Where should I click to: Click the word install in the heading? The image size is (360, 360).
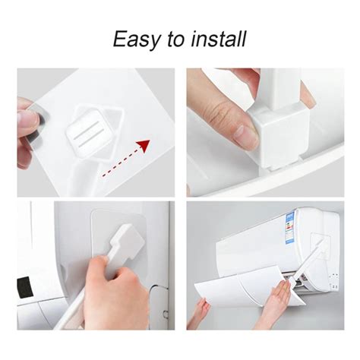click(x=219, y=39)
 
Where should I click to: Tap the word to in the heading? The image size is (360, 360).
click(x=176, y=39)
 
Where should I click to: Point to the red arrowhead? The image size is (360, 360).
click(x=144, y=146)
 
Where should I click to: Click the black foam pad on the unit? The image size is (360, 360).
click(x=25, y=287)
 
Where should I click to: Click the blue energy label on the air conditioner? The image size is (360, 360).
click(x=289, y=229)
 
